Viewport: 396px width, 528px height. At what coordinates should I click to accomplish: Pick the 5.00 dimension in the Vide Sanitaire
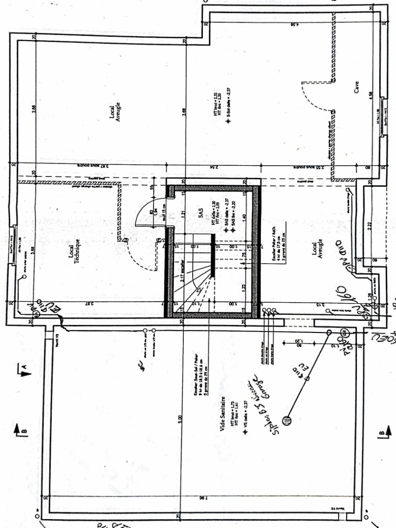point(180,419)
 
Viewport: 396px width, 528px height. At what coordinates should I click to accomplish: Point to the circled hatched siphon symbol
point(287,420)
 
